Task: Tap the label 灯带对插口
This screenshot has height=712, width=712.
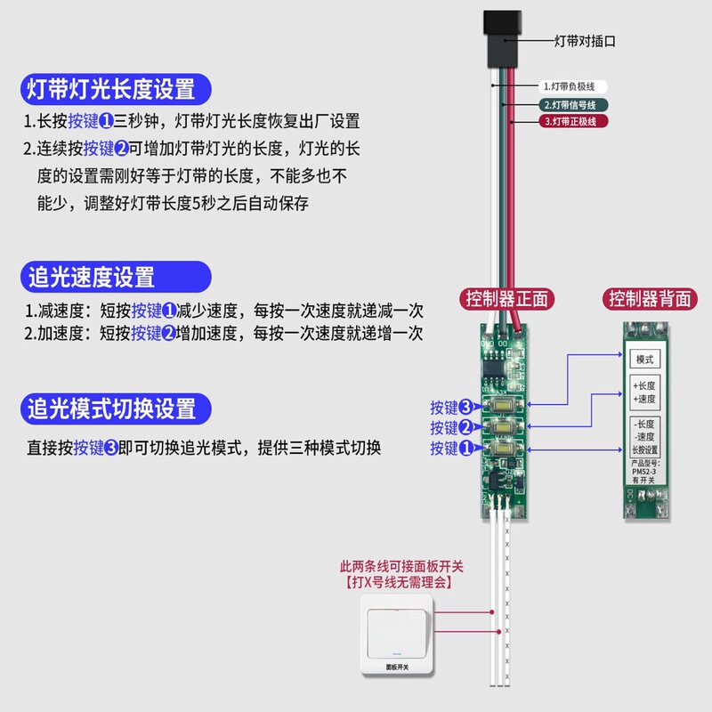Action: [585, 41]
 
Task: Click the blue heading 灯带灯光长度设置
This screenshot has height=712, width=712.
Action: [111, 89]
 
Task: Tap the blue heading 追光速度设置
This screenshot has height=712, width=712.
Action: [92, 277]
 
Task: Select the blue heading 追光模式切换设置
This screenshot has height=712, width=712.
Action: [111, 409]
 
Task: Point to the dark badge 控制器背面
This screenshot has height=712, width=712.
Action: [650, 299]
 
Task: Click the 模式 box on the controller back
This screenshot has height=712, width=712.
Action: [644, 360]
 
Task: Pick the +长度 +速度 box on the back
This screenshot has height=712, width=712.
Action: [644, 392]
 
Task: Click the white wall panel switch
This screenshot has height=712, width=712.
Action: [393, 635]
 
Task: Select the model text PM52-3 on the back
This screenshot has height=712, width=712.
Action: [644, 472]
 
